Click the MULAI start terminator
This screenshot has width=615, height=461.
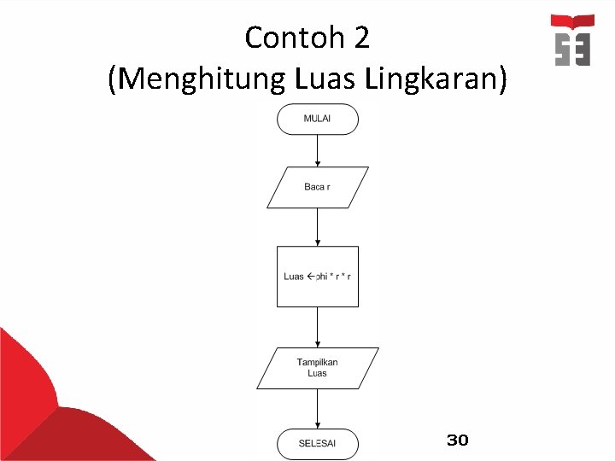point(317,119)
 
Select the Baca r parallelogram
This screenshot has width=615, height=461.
point(317,187)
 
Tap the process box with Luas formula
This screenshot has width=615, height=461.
point(317,276)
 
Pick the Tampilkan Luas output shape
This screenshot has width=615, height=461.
point(317,368)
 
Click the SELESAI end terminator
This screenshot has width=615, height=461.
point(317,443)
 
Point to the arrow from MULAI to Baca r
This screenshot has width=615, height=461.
point(317,150)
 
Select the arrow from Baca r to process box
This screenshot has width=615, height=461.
point(317,227)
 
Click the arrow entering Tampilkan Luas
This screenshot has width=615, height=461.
point(317,327)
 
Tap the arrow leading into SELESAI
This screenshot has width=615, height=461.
point(317,409)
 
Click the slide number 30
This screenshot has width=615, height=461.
point(458,441)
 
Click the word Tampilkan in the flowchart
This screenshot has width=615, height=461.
point(317,363)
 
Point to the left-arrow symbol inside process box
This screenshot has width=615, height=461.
point(311,276)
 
